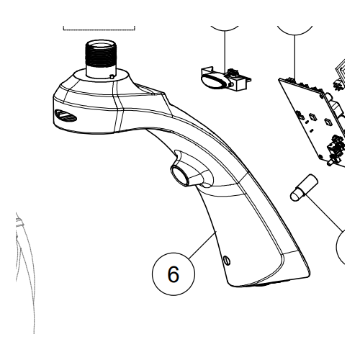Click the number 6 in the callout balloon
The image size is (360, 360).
coord(173,274)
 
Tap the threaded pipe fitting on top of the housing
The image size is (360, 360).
coord(99,55)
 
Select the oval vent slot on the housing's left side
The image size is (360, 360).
coord(64,116)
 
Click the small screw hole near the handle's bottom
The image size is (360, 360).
coord(228,260)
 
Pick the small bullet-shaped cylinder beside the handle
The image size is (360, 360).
coord(300,186)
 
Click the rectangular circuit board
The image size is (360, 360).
coord(310,115)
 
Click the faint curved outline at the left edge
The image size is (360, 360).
coord(26,266)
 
